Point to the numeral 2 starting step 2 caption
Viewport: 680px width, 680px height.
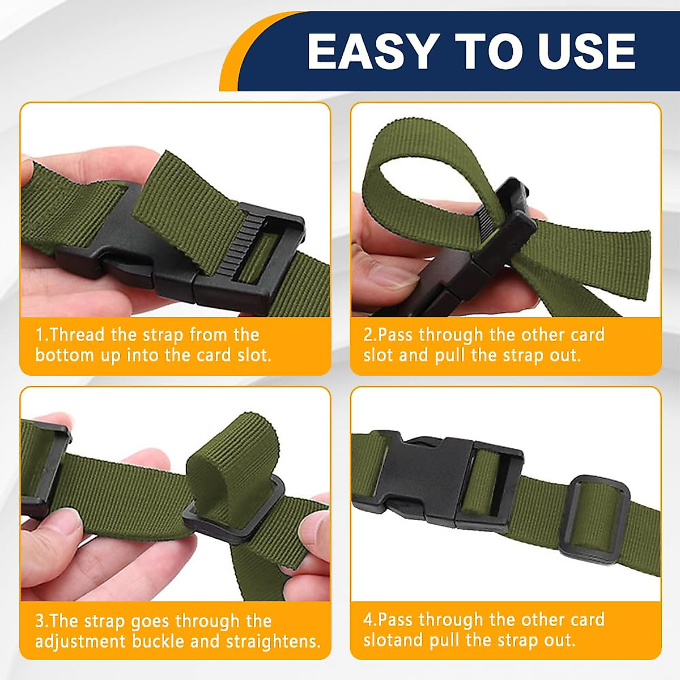(x=368, y=334)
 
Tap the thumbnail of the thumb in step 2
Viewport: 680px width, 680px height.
(x=397, y=278)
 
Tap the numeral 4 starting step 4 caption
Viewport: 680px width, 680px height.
(x=368, y=619)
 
